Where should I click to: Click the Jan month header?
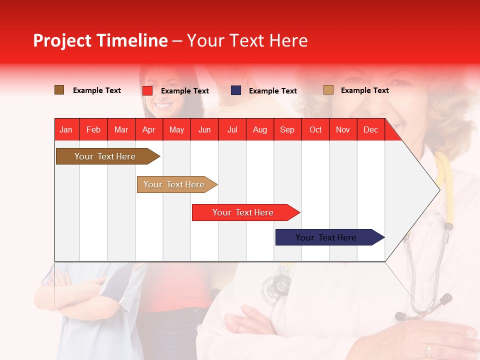coord(66,129)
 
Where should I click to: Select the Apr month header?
coord(148,129)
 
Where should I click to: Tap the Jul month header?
coord(232,129)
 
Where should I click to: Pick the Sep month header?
coord(287,129)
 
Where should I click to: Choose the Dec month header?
coord(370,129)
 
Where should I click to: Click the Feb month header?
coord(93,129)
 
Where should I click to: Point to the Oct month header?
coord(315,129)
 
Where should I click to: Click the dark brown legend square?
coord(59,90)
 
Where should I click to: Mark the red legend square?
coord(147,90)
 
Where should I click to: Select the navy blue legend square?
coord(236,90)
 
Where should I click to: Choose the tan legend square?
coord(328,90)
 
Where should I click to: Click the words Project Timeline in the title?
coord(100,40)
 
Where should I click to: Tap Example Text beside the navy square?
coord(272,91)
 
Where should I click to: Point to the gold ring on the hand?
coord(428,349)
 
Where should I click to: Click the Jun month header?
coord(204,129)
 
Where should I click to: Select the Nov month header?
coord(342,129)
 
